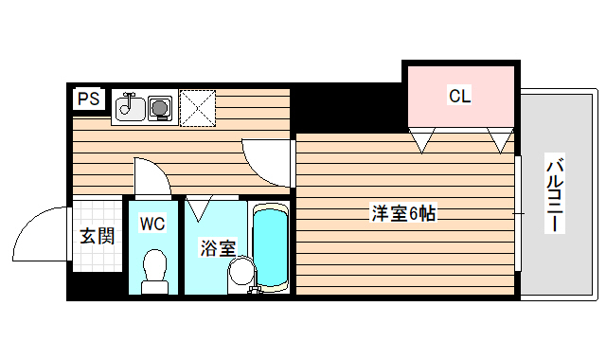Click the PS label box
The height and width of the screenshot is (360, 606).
[87, 98]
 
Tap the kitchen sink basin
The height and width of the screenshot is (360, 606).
[128, 108]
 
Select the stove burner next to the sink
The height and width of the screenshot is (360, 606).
[160, 109]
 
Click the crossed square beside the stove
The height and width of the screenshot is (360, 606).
[198, 108]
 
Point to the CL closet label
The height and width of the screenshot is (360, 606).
[459, 96]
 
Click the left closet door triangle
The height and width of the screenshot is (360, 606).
[422, 140]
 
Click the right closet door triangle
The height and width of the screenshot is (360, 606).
[499, 140]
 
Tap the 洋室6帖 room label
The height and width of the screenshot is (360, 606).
[402, 214]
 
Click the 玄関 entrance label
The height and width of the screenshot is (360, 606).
[97, 236]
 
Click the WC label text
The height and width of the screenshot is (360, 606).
[151, 224]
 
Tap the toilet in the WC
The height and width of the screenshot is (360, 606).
[151, 269]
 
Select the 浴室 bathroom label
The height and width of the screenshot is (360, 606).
[217, 249]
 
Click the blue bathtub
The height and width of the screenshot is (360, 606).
[271, 246]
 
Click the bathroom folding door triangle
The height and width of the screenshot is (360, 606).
[199, 206]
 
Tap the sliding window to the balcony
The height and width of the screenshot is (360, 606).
[519, 214]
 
